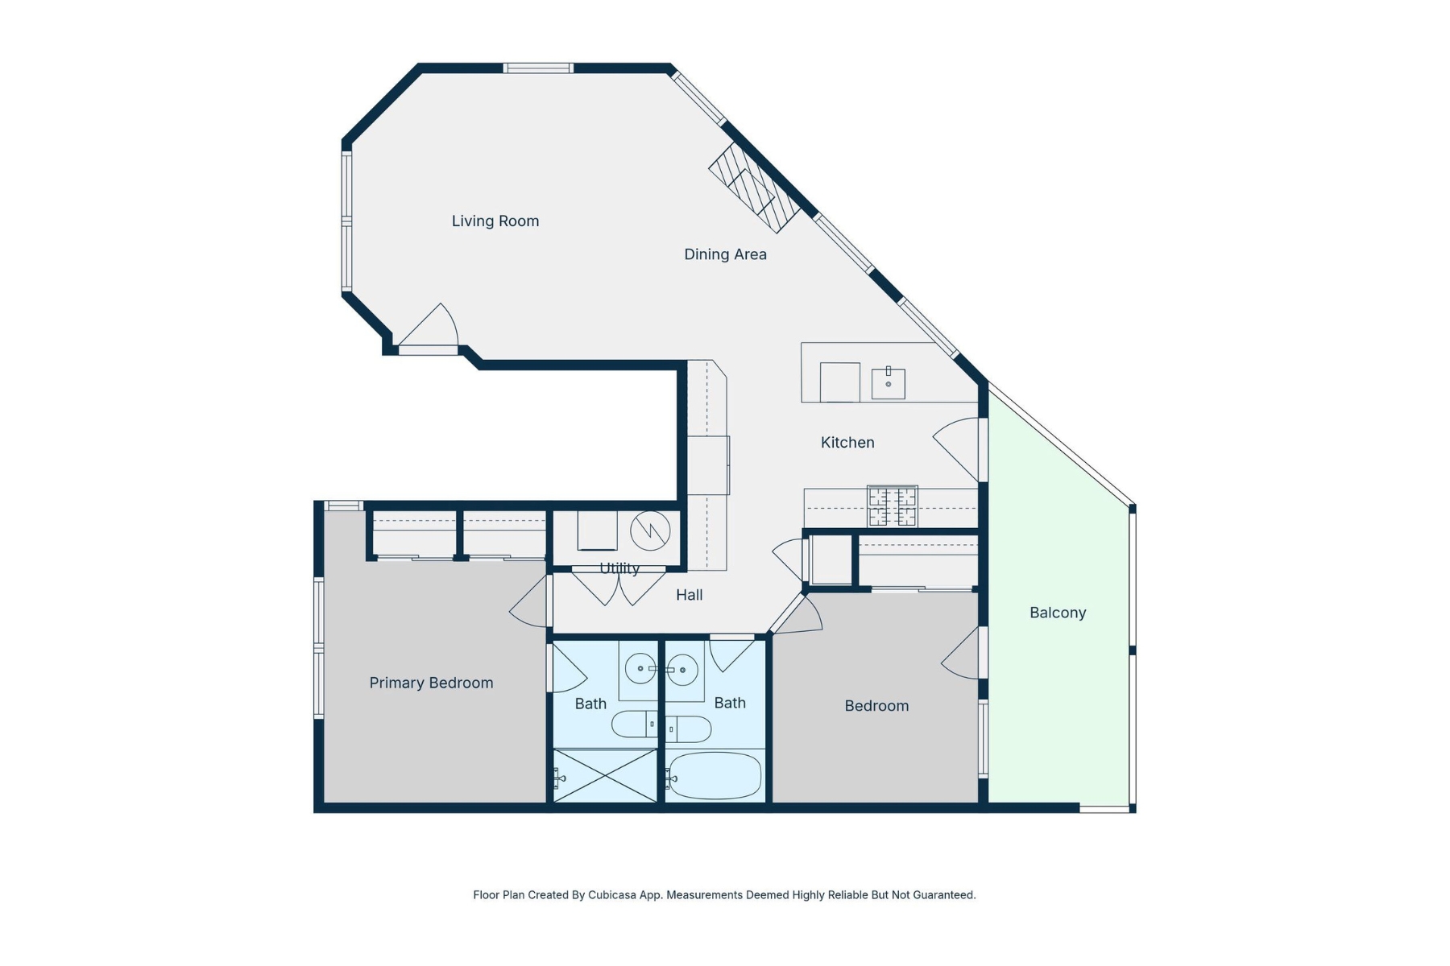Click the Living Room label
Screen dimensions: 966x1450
[495, 221]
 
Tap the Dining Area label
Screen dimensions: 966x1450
[725, 254]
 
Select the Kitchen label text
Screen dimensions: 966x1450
[847, 443]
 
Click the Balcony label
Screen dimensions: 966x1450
[1058, 613]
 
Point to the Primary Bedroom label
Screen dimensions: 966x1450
[431, 683]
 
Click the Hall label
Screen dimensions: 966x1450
[689, 595]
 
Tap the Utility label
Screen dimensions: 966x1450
[619, 568]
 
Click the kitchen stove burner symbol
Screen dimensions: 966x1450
[892, 506]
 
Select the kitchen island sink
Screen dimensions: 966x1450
[888, 384]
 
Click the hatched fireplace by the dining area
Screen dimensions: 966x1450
[754, 188]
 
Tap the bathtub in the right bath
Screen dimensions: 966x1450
[714, 776]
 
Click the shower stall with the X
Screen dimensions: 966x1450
[605, 776]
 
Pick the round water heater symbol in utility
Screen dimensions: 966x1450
[650, 530]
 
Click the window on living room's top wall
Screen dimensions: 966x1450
[538, 68]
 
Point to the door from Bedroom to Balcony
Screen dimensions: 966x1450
[963, 654]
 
